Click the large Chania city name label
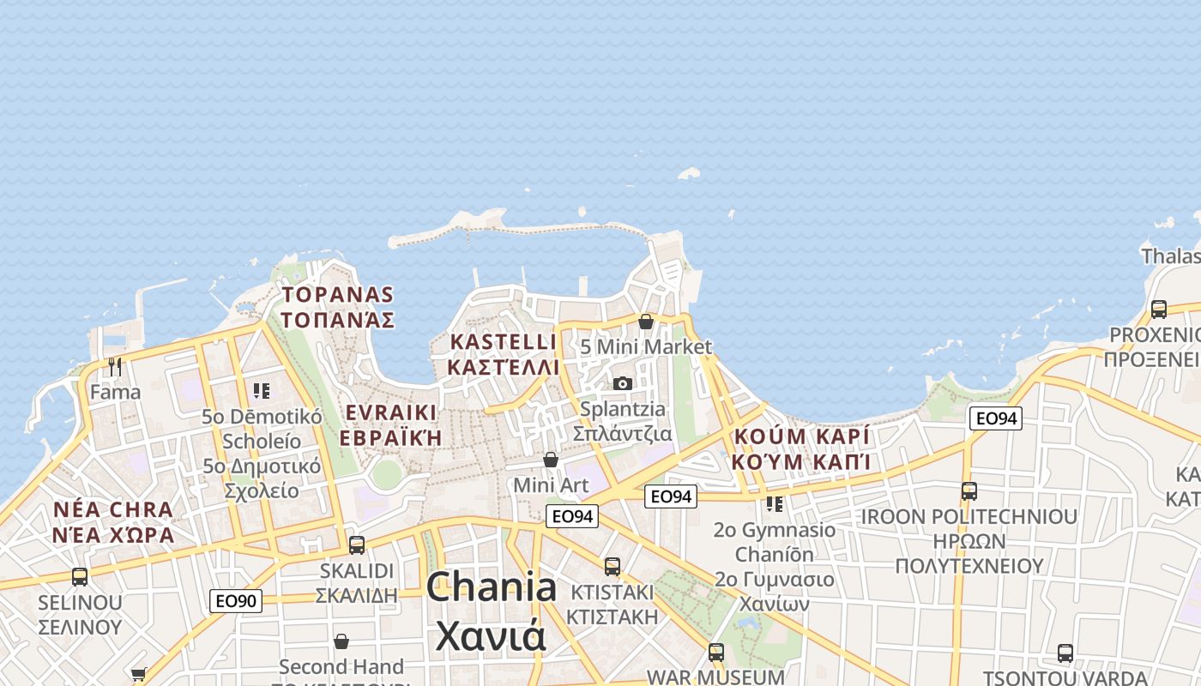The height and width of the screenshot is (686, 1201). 491,611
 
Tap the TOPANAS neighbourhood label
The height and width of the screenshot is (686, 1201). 338,308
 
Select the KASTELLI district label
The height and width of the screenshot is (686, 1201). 504,354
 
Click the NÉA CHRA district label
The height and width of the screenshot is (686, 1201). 113,522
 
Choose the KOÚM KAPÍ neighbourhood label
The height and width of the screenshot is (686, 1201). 801,448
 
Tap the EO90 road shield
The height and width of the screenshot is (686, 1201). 236,601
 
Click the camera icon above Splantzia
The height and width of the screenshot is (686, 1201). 623,383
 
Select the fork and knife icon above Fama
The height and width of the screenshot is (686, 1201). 115,367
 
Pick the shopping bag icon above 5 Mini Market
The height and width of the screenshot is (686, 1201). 646,322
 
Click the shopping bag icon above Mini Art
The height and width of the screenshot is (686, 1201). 551,460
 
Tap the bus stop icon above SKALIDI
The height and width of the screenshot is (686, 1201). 356,545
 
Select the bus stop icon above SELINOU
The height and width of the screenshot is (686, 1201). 80,576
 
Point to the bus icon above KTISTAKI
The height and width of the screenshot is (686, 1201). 612,566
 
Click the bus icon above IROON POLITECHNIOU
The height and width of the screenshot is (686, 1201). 969,491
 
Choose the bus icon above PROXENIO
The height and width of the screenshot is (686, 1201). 1159,310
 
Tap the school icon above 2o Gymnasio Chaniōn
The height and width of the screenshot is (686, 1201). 775,504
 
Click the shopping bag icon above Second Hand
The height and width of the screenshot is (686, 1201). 341,641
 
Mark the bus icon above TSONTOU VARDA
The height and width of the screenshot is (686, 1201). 1065,653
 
